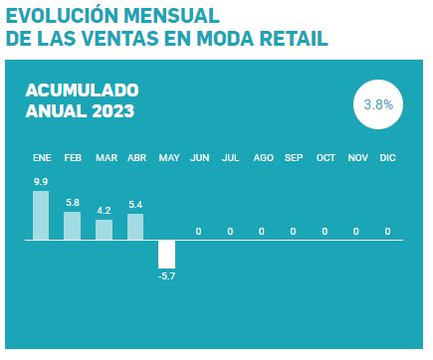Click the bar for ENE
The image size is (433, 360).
click(x=41, y=215)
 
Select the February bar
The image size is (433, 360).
click(x=72, y=226)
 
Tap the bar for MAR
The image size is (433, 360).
click(x=104, y=230)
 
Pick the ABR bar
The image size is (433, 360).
click(x=135, y=227)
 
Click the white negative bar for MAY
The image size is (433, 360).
click(x=166, y=255)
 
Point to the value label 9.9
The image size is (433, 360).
click(x=41, y=182)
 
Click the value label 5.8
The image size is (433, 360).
click(x=73, y=203)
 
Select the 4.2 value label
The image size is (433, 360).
click(x=104, y=211)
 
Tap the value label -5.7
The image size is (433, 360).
click(x=166, y=276)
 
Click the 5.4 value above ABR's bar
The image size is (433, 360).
click(x=135, y=205)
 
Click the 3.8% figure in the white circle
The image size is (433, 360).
click(x=378, y=104)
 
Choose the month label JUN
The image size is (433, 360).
click(x=200, y=158)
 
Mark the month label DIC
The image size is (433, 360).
click(x=387, y=158)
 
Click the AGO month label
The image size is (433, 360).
click(x=263, y=158)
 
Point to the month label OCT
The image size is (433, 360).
click(x=325, y=158)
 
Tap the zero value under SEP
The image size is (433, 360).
click(x=293, y=231)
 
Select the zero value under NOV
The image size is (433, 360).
click(x=356, y=231)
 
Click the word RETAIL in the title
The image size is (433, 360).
click(x=294, y=38)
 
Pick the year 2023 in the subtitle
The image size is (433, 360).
click(x=113, y=110)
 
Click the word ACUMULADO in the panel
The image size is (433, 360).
click(x=82, y=90)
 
